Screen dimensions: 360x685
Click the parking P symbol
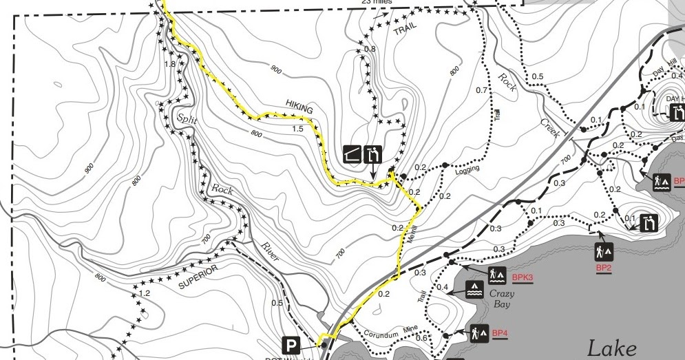pyautogui.click(x=292, y=345)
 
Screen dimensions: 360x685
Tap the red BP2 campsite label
pyautogui.click(x=604, y=267)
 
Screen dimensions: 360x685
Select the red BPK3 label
pyautogui.click(x=523, y=277)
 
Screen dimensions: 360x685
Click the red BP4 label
pyautogui.click(x=500, y=334)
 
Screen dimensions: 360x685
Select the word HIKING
pyautogui.click(x=299, y=109)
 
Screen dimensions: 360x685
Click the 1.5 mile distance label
pyautogui.click(x=298, y=129)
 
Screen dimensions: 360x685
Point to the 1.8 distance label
pyautogui.click(x=170, y=64)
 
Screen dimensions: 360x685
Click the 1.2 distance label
pyautogui.click(x=145, y=293)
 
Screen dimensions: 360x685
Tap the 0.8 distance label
pyautogui.click(x=370, y=49)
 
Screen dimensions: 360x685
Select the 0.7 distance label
pyautogui.click(x=481, y=90)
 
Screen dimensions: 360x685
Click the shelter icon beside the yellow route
pyautogui.click(x=353, y=153)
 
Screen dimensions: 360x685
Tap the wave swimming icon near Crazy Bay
pyautogui.click(x=474, y=289)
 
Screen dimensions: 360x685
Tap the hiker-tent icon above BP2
pyautogui.click(x=604, y=250)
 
